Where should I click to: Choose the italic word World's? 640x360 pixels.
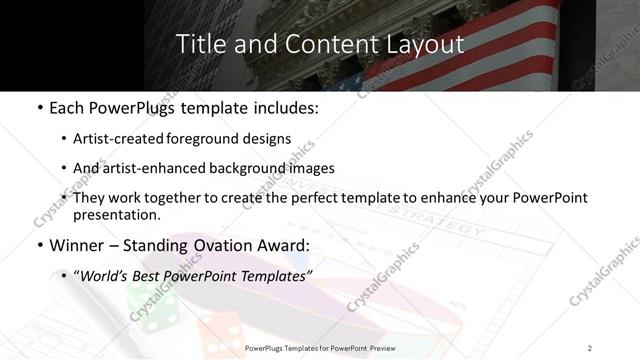pyautogui.click(x=104, y=274)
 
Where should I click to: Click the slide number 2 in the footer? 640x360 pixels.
pyautogui.click(x=590, y=348)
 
